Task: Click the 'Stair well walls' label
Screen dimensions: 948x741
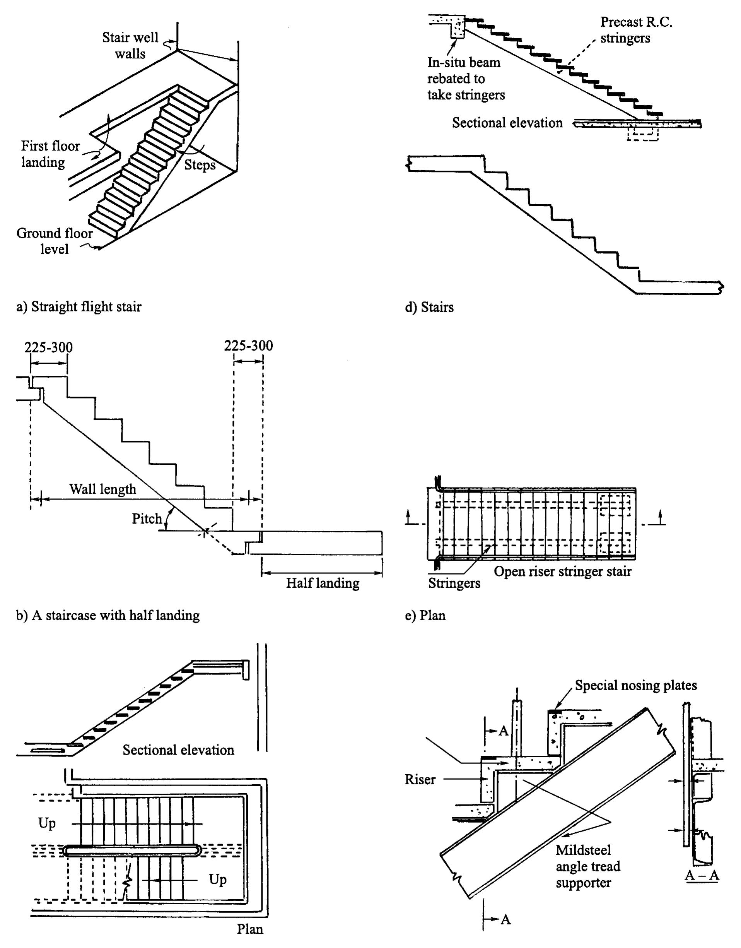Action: click(130, 46)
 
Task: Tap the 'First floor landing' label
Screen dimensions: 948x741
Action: click(50, 154)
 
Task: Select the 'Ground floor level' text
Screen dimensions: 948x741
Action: click(54, 241)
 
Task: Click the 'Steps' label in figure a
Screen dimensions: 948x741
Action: click(200, 165)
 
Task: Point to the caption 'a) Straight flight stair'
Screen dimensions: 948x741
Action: click(79, 307)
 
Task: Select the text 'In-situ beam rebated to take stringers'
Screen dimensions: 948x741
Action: click(466, 79)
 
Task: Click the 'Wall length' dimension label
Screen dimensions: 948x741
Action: click(103, 489)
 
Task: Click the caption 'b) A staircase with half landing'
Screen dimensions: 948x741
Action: click(108, 616)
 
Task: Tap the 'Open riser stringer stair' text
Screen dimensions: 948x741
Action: click(562, 571)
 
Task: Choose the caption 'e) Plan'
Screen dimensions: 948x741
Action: click(425, 616)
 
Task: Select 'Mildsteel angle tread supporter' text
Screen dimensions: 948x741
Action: click(587, 866)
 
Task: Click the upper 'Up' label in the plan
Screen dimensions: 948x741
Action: click(47, 823)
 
